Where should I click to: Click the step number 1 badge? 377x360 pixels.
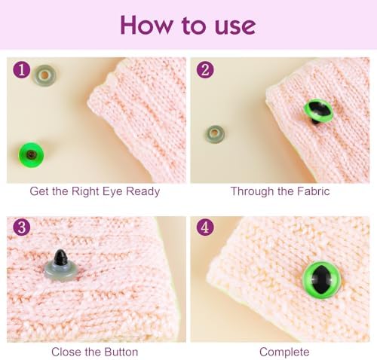click(22, 69)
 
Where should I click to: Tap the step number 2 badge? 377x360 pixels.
click(205, 69)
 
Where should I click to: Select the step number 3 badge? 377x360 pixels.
click(22, 227)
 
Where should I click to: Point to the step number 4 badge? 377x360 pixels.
click(205, 227)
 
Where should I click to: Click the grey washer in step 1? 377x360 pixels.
click(45, 75)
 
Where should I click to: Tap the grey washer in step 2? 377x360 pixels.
click(215, 134)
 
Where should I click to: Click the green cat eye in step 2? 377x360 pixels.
click(318, 110)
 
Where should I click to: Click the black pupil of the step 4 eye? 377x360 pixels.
click(321, 280)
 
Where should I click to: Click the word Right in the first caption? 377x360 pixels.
click(82, 191)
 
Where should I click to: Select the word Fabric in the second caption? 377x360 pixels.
click(313, 191)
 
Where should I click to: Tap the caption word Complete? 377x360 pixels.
click(284, 352)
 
